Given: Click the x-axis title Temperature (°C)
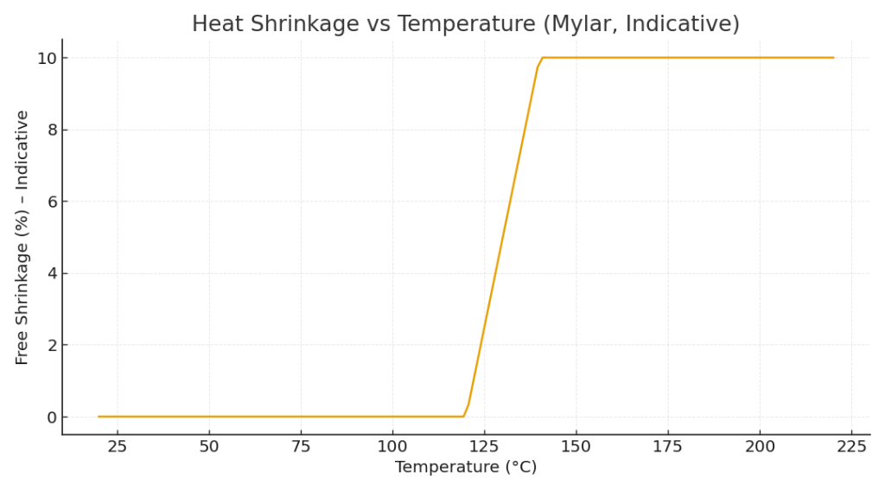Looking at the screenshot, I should [466, 467].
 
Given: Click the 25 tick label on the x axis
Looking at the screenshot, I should [118, 446].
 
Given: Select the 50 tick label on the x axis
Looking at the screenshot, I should [209, 446].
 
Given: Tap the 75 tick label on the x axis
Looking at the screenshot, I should [301, 446].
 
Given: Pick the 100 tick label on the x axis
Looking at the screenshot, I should [392, 446].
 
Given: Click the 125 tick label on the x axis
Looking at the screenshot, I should [484, 446].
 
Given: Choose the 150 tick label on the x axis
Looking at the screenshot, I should [576, 446].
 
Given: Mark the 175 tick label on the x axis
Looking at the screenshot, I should [668, 446].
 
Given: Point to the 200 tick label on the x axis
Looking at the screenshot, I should [760, 446].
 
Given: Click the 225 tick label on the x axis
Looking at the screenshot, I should [851, 446].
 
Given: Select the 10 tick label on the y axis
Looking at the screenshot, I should [46, 58].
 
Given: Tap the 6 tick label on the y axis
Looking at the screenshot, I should [50, 201].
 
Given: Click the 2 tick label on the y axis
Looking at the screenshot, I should [50, 345].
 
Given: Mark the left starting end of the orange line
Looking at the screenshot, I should [99, 417].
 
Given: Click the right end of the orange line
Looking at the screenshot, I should [833, 58].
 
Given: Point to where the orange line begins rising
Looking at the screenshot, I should [464, 416].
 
